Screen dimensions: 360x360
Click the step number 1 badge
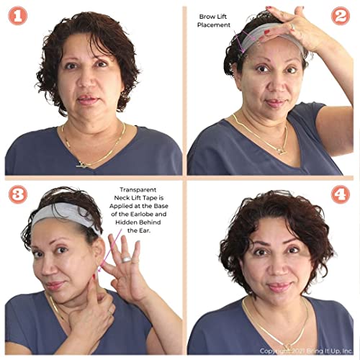click(x=17, y=16)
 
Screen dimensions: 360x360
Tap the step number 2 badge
click(x=341, y=16)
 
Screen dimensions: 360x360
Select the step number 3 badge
click(x=17, y=194)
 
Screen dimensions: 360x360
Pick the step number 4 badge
click(x=341, y=194)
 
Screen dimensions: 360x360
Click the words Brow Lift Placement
click(x=214, y=21)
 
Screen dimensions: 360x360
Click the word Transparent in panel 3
click(x=138, y=190)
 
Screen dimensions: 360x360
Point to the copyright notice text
click(x=306, y=351)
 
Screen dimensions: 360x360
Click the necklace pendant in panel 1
click(x=82, y=164)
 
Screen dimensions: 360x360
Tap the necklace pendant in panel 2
click(x=283, y=151)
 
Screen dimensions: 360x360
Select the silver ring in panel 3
click(x=126, y=259)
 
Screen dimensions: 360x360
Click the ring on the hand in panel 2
click(x=292, y=27)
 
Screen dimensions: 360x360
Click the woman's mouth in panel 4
click(x=279, y=287)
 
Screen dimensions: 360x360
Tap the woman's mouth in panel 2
click(x=274, y=103)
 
